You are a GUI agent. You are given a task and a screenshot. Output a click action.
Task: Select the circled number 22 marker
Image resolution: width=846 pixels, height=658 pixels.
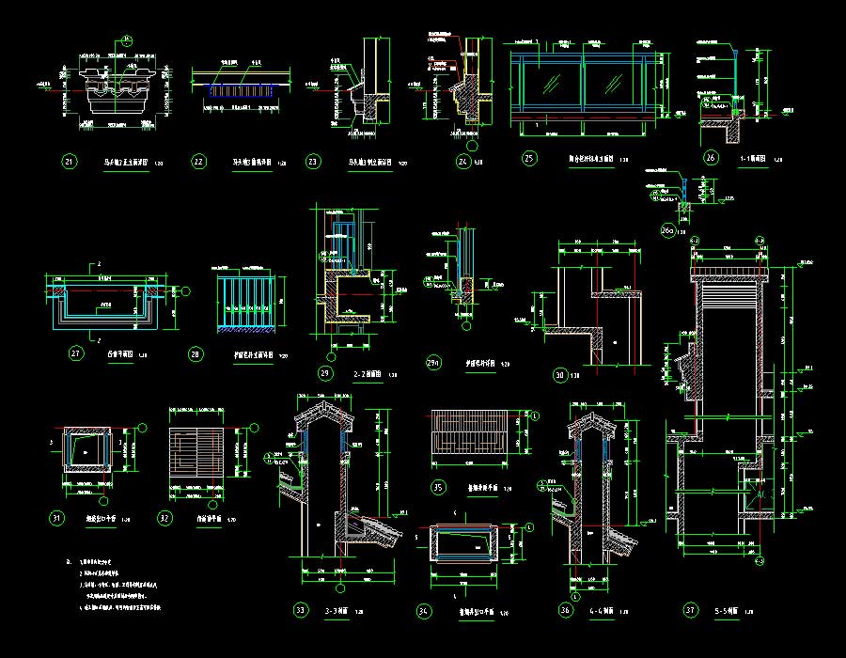coord(198,162)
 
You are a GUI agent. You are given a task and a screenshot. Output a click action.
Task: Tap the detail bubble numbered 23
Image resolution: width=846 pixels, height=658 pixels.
coord(314,162)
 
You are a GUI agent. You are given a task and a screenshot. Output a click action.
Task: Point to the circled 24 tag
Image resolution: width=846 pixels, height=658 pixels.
coord(462,162)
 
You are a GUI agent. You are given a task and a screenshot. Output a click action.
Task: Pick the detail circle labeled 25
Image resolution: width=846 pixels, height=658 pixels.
coord(529,158)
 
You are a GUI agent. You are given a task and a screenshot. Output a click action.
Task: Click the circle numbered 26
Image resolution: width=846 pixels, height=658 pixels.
coord(711,158)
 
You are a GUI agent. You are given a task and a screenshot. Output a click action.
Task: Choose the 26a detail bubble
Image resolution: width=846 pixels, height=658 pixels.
coord(669,230)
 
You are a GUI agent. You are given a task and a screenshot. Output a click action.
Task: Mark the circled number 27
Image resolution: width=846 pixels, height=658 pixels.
coord(77,354)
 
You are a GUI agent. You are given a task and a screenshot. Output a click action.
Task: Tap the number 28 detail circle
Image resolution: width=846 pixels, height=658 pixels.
coord(196,354)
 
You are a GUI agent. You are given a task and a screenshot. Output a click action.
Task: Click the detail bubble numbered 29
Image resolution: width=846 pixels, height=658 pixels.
coord(325,373)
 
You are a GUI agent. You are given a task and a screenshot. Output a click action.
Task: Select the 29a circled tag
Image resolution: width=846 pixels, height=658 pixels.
coord(433,362)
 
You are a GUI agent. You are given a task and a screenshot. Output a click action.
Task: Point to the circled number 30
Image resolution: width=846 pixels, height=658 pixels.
coord(560,375)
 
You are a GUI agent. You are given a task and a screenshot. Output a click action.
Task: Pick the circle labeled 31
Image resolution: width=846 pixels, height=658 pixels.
coord(57,518)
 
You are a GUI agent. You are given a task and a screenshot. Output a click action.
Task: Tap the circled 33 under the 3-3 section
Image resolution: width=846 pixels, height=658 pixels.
coord(301,611)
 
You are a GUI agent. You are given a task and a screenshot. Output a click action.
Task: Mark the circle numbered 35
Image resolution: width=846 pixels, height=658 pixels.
coord(437,487)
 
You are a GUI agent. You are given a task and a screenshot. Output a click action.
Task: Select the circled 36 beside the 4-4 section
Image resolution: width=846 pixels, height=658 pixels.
coord(565,611)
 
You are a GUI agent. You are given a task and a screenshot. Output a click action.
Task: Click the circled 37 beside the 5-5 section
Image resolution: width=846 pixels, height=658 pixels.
coord(691,611)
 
